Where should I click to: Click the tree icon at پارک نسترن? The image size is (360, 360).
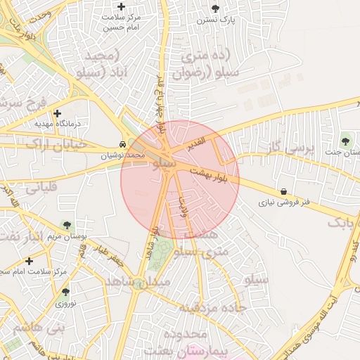coord(215,8)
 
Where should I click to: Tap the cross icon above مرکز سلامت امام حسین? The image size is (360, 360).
coord(122,6)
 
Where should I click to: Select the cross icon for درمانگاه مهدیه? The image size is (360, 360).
coord(58,113)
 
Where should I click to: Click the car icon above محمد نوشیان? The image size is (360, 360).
coord(123,143)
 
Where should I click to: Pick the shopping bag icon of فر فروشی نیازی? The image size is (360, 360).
coord(283,191)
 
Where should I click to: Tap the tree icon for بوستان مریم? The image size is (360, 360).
coord(67,226)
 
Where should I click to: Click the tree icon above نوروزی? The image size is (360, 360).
coord(65,292)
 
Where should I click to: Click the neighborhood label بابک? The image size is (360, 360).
coord(340,223)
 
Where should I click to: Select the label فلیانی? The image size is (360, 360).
coord(41,188)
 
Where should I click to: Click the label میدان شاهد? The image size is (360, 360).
coord(138,281)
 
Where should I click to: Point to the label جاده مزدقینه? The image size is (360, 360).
coord(211,307)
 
